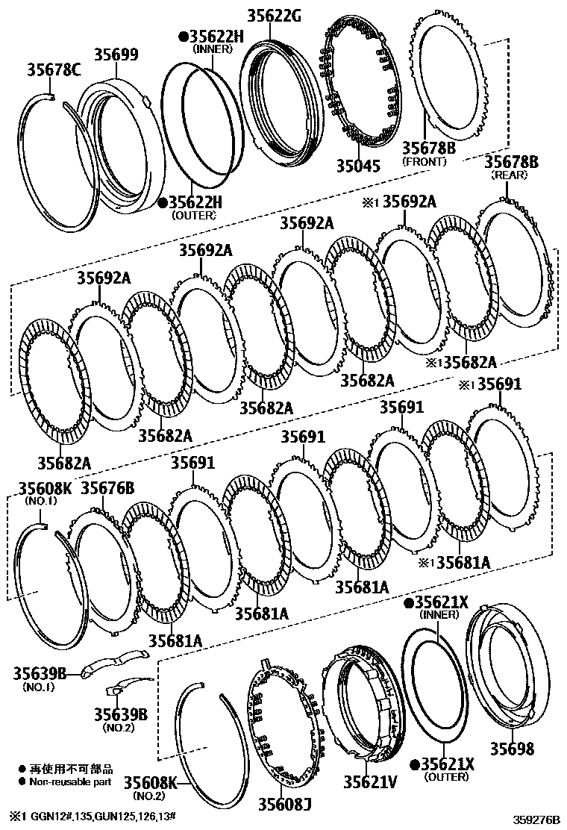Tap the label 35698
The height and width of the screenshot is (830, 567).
[x=513, y=748]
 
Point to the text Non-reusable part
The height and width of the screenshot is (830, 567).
[x=70, y=781]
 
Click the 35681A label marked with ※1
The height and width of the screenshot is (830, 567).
[x=463, y=562]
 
